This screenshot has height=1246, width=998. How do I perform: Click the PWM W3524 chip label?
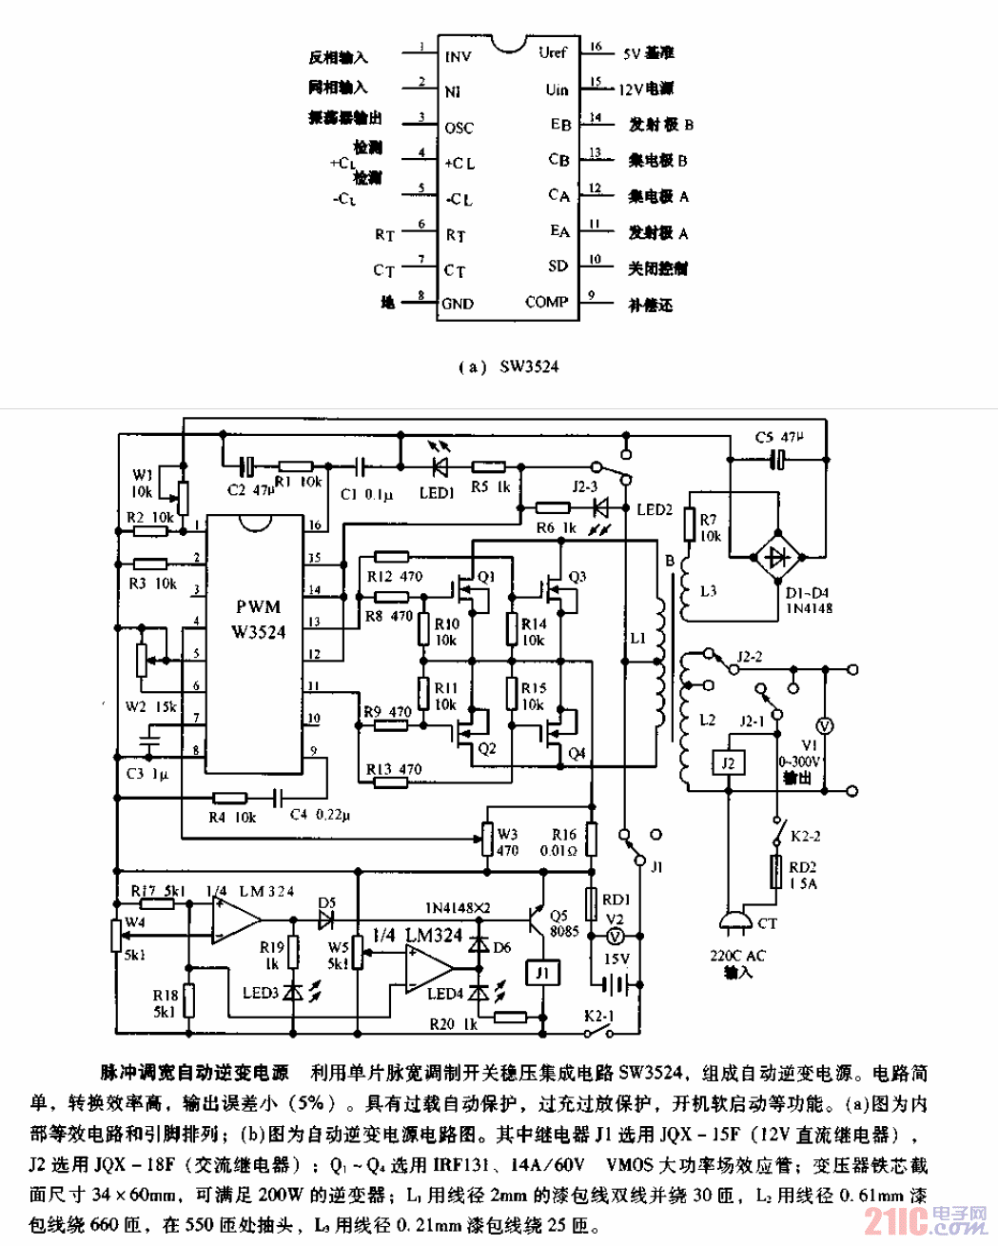[x=258, y=619]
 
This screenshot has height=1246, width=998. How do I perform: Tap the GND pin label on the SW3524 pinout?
[x=458, y=304]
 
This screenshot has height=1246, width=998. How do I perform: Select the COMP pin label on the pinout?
[x=546, y=302]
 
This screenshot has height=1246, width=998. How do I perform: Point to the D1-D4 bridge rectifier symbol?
[x=778, y=555]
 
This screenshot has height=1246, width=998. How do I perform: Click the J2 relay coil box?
[x=728, y=763]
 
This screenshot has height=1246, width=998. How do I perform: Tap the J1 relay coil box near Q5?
[x=541, y=973]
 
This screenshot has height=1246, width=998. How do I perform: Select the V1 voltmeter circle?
[x=826, y=726]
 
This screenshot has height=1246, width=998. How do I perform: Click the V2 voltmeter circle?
[x=615, y=936]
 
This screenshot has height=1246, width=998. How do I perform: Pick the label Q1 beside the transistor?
[x=486, y=577]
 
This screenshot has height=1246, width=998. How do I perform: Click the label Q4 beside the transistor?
[x=577, y=753]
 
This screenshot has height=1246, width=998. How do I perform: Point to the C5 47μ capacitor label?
[x=778, y=437]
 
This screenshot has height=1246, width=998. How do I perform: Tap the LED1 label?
[x=437, y=493]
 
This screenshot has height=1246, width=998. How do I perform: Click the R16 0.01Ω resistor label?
[x=564, y=842]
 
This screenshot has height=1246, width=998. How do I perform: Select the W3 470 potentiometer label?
[x=507, y=842]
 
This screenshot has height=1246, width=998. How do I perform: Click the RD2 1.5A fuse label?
[x=802, y=875]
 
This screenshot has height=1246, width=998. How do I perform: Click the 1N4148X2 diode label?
[x=458, y=908]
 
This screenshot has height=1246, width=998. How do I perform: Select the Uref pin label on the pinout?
[x=552, y=52]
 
